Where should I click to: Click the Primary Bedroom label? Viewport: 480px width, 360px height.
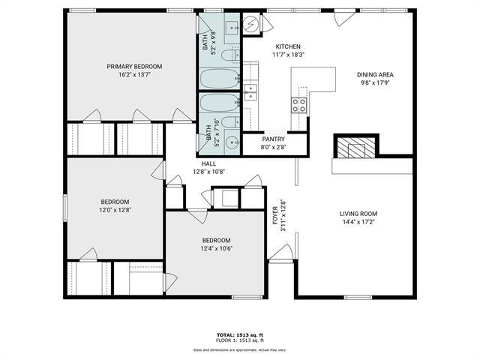134,67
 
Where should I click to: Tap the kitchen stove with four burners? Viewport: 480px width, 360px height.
299,104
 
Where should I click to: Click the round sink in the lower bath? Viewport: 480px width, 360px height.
230,139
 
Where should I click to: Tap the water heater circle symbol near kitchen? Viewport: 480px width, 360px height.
252,25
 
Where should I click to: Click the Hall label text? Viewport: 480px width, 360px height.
208,163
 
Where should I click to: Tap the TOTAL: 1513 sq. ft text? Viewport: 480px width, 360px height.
239,334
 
